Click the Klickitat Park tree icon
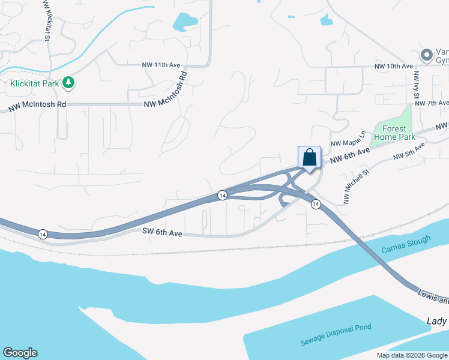pos(68,83)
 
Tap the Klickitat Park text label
pos(35,83)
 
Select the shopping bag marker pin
pos(309,158)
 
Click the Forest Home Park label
pos(394,133)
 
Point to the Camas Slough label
pos(406,245)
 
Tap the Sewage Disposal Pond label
pos(336,335)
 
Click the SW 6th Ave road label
pos(162,232)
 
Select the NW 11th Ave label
pos(161,64)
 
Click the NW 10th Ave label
pos(394,65)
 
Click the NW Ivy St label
pos(416,87)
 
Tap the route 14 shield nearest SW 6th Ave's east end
pos(222,196)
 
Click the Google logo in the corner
pos(20,353)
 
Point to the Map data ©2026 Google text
pos(412,355)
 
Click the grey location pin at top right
pos(427,55)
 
